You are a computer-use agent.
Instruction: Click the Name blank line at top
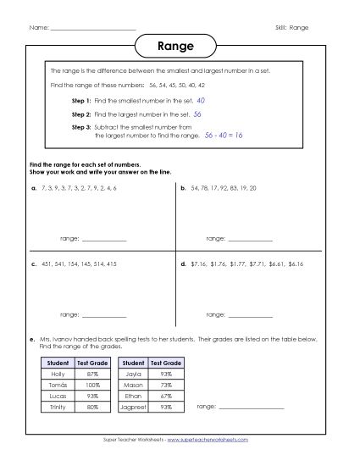coord(93,30)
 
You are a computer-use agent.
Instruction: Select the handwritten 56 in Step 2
coord(197,113)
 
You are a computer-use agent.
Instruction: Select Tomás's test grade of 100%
coord(92,385)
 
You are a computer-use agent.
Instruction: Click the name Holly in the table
coord(58,374)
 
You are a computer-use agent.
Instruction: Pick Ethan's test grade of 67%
coord(165,396)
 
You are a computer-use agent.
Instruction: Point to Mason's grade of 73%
coord(165,385)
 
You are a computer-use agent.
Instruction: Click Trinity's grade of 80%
coord(92,407)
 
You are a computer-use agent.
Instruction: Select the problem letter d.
coord(184,264)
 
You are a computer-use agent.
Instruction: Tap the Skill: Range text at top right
coord(292,27)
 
